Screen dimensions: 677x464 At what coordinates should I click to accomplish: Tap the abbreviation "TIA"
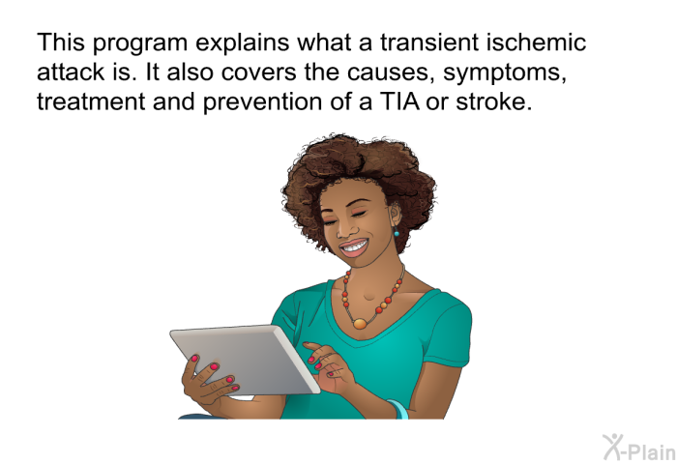(x=399, y=101)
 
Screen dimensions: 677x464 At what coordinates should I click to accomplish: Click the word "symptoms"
(x=504, y=73)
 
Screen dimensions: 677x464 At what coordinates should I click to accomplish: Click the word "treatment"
(x=91, y=101)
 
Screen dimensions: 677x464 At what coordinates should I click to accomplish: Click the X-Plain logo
(x=639, y=448)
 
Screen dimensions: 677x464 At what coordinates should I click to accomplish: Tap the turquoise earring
(x=397, y=233)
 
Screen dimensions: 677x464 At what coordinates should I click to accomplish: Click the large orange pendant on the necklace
(x=360, y=323)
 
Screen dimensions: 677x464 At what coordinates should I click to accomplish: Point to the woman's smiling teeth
(x=354, y=247)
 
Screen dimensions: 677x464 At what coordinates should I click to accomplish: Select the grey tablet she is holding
(x=245, y=359)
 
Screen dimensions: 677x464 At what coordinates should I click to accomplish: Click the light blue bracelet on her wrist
(x=398, y=409)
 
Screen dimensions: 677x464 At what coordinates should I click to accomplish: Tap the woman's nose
(x=344, y=229)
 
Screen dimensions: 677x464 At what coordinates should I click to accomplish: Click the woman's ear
(x=395, y=215)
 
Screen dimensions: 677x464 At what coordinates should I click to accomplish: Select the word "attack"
(x=71, y=72)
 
